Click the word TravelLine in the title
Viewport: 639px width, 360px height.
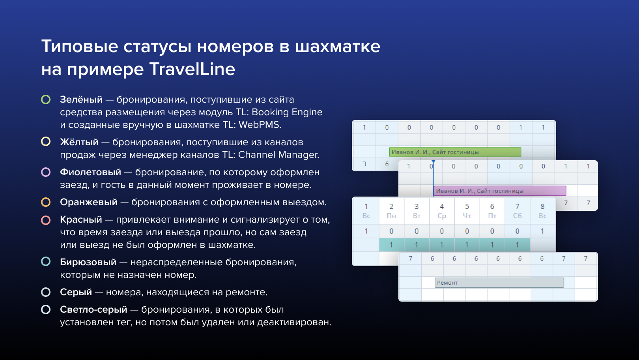(x=192, y=69)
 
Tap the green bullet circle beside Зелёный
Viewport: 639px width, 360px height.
(x=46, y=99)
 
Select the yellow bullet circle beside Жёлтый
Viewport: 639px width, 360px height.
(x=46, y=142)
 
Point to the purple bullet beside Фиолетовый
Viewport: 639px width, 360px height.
(x=46, y=172)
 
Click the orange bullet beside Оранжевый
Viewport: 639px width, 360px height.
(x=46, y=202)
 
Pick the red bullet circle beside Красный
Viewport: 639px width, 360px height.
(x=46, y=220)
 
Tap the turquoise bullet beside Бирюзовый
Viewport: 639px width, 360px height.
(x=46, y=262)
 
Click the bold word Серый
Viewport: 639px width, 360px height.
(x=76, y=292)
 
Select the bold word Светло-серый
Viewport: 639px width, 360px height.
(x=93, y=309)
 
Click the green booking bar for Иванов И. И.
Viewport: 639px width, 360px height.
(x=455, y=152)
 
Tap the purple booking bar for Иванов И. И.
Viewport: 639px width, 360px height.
(x=500, y=191)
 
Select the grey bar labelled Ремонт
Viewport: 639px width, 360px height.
(x=499, y=283)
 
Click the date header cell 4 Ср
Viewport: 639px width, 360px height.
(x=442, y=211)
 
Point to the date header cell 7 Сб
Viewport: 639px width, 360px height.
(x=517, y=211)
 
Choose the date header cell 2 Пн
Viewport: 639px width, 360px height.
(x=391, y=211)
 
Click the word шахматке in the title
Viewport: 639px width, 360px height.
(x=338, y=47)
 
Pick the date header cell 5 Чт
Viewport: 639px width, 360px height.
(x=467, y=211)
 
